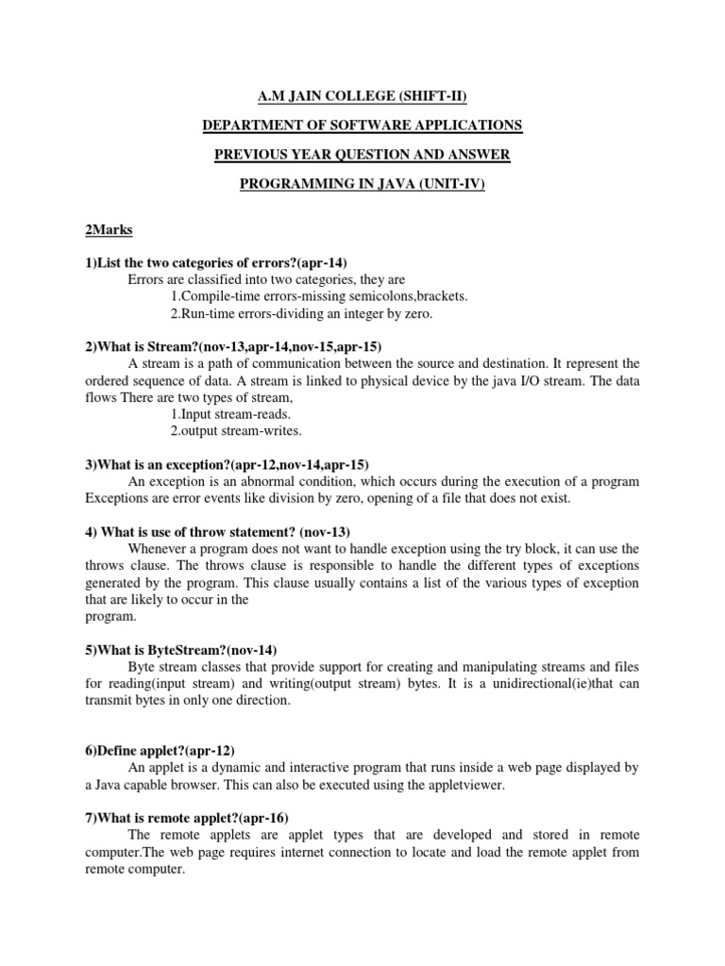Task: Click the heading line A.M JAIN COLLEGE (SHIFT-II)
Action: pos(362,95)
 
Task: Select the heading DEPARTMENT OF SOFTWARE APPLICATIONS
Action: pos(362,125)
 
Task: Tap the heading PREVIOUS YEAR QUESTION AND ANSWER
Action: pos(362,155)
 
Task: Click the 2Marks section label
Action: pos(106,229)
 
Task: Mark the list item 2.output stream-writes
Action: pos(236,431)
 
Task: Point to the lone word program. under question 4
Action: pos(110,616)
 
